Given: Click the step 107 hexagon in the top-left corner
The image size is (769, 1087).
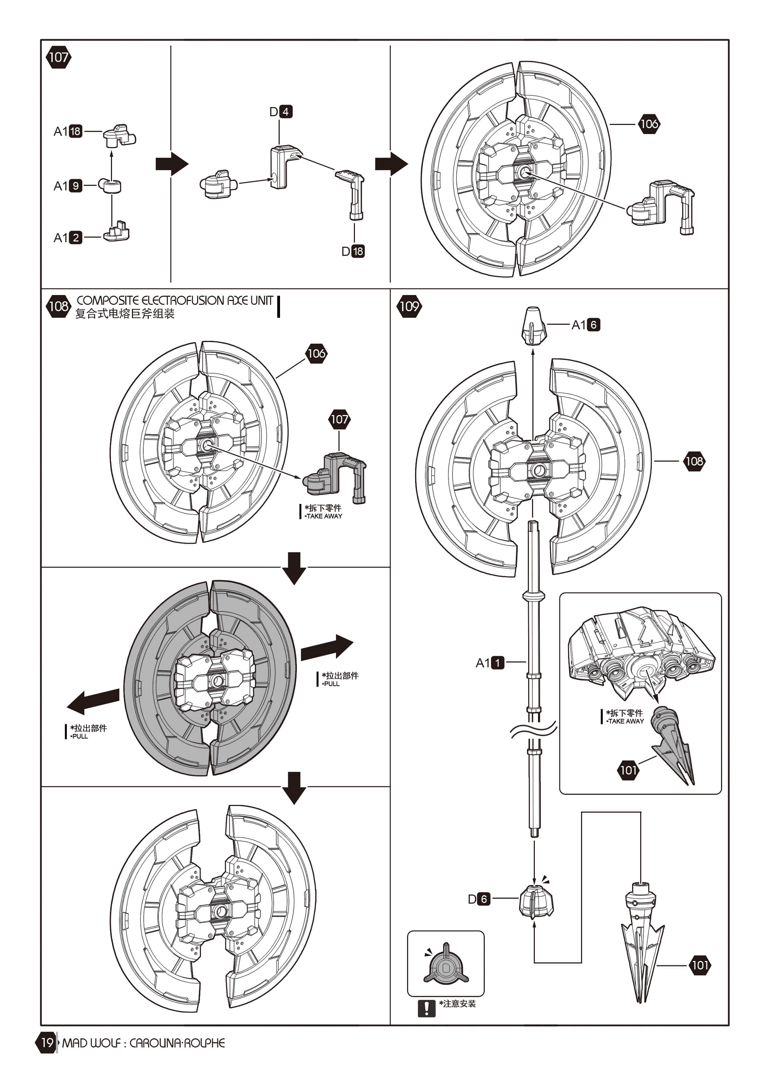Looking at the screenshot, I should click(58, 57).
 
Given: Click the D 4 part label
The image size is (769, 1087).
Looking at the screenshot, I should click(281, 112).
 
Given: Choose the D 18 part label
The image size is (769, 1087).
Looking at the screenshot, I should click(353, 251).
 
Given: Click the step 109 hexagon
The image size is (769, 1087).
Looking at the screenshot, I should click(409, 306).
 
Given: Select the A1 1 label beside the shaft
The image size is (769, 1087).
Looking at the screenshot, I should click(490, 663).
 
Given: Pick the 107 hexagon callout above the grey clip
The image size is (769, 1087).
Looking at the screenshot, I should click(339, 419).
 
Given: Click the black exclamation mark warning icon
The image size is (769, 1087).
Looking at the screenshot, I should click(427, 1008).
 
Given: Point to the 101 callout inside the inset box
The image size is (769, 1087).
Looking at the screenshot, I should click(628, 770).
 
